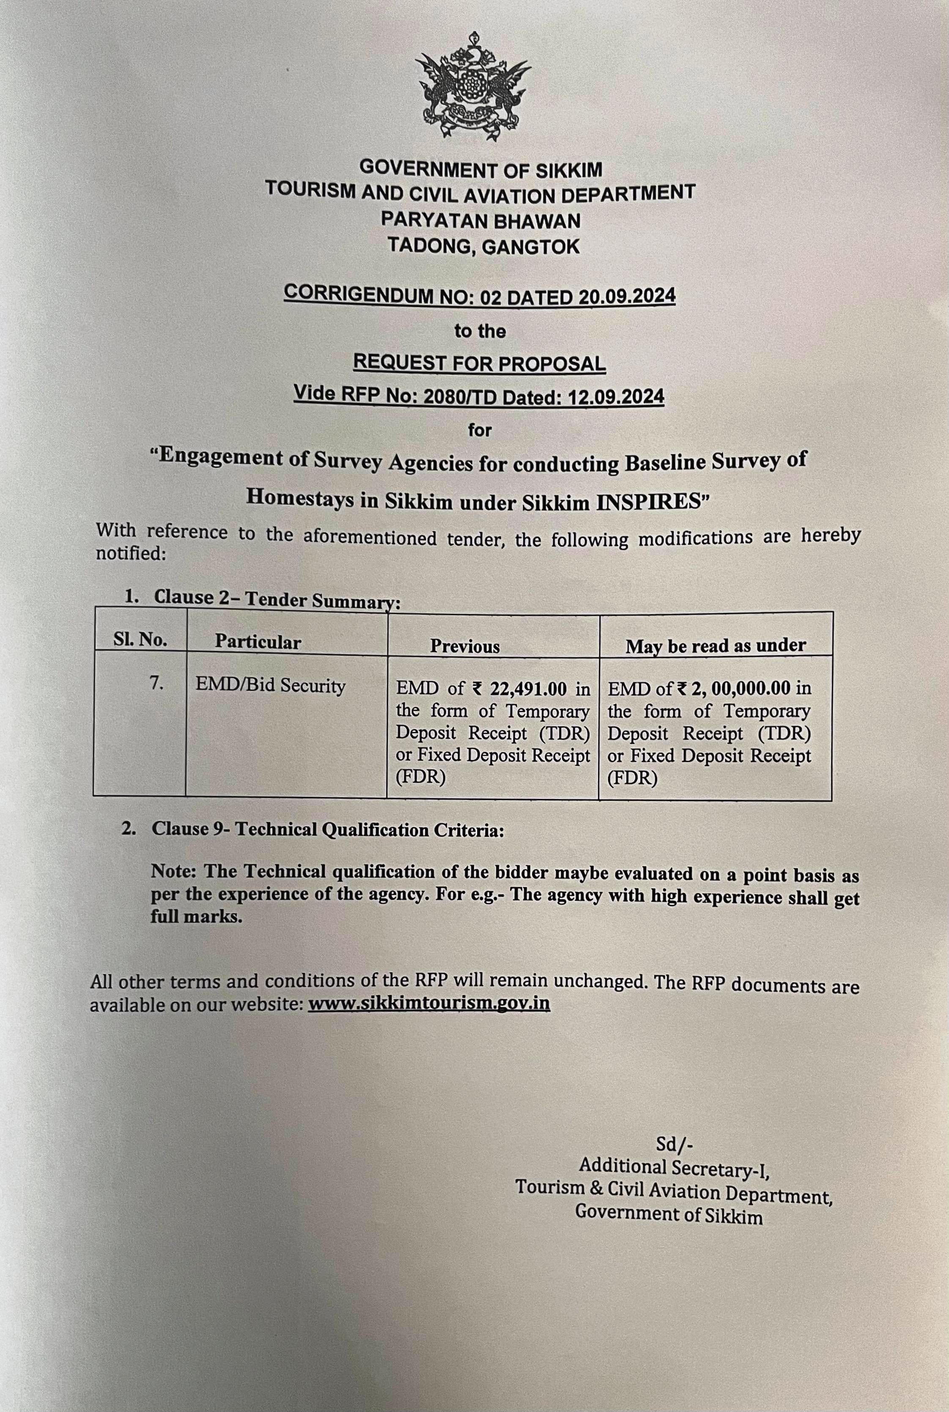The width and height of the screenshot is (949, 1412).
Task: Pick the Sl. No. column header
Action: pyautogui.click(x=140, y=640)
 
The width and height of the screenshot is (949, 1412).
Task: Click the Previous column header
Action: pyautogui.click(x=465, y=646)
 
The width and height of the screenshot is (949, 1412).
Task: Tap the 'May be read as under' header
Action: pyautogui.click(x=716, y=645)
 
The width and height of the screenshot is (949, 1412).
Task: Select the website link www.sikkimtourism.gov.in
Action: pyautogui.click(x=429, y=1003)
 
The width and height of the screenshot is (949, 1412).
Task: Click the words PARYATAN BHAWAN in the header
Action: pyautogui.click(x=480, y=220)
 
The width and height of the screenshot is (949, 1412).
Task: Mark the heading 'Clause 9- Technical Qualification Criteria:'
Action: pyautogui.click(x=327, y=829)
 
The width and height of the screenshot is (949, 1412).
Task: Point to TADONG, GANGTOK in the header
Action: pyautogui.click(x=483, y=246)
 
